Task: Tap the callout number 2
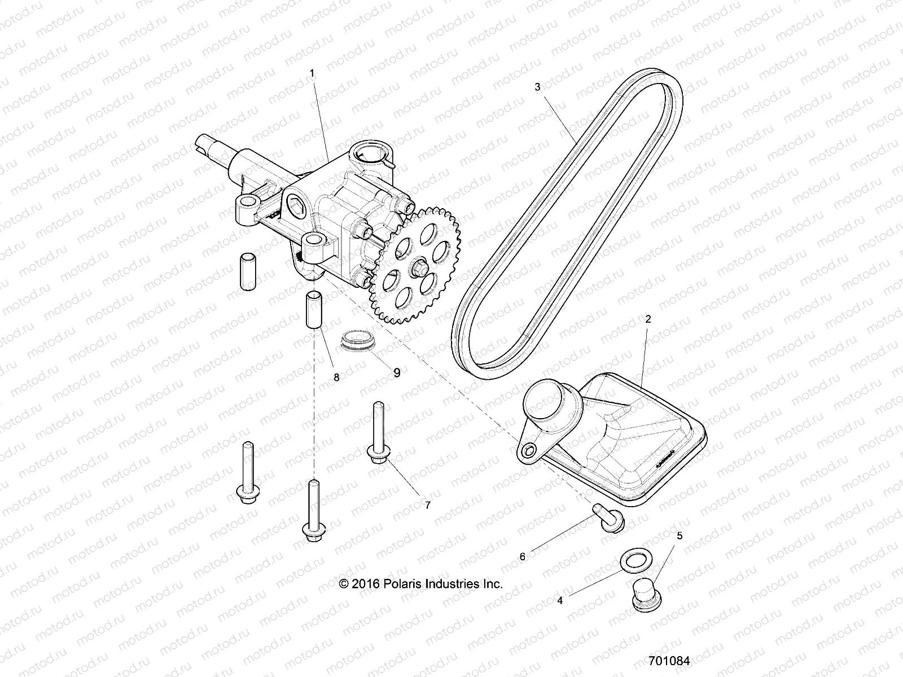coord(648,319)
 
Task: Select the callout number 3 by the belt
coord(537,87)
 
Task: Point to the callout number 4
coord(560,601)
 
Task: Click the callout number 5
coord(680,536)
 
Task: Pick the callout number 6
coord(523,557)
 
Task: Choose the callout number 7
coord(427,505)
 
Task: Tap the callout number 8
coord(336,378)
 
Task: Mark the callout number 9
coord(397,373)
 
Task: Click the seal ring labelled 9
coord(356,341)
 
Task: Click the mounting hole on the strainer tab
coord(529,450)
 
